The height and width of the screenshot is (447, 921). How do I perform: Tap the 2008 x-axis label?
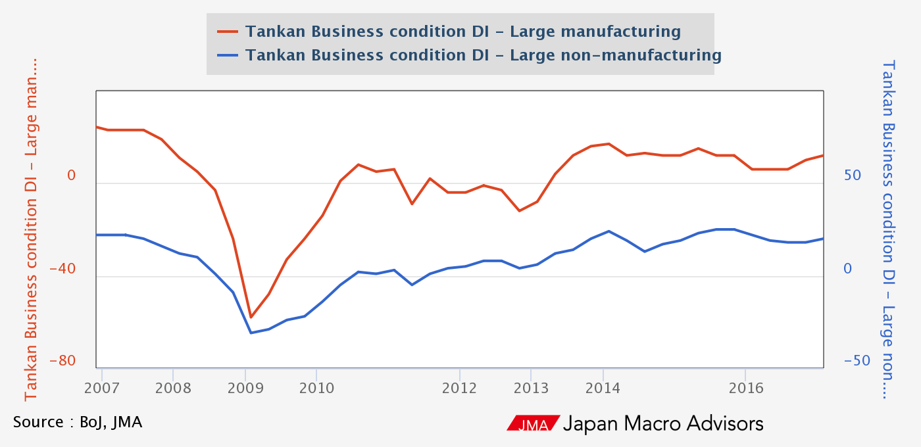click(x=172, y=388)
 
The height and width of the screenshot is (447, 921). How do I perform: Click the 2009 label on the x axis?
click(x=245, y=388)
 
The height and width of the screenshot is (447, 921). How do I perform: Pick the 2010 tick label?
click(x=316, y=388)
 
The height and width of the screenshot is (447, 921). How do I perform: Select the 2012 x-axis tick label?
click(x=459, y=388)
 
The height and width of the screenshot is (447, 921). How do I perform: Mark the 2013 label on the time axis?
click(x=531, y=388)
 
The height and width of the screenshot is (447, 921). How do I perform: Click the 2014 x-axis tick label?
click(x=603, y=388)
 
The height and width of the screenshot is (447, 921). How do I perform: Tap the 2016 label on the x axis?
click(x=745, y=388)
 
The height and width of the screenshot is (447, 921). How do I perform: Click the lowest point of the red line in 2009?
click(x=251, y=317)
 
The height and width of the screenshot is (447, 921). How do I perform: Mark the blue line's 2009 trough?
click(x=251, y=333)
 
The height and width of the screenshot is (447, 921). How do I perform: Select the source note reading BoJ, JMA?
click(x=78, y=421)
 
